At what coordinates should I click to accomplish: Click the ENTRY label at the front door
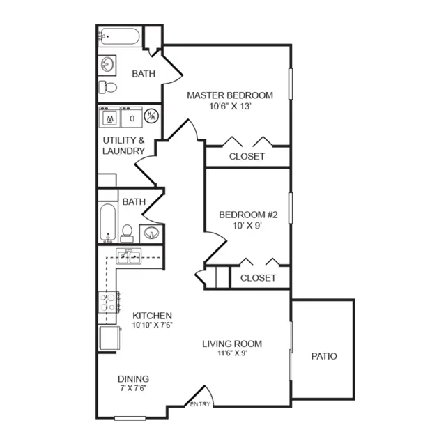(200, 404)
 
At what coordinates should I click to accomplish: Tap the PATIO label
(324, 356)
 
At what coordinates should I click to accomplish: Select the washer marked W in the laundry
(110, 117)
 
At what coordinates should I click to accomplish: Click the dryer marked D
(132, 117)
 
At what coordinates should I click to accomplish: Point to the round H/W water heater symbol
(151, 116)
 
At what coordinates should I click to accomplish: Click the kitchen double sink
(128, 256)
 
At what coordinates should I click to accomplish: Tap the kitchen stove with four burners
(109, 302)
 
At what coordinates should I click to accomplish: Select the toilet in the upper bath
(107, 87)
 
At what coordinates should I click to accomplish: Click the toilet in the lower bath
(127, 233)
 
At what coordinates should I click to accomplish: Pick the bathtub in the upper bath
(119, 36)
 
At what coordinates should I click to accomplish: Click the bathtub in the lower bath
(108, 223)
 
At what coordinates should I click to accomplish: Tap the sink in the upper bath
(107, 65)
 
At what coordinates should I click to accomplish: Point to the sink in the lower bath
(151, 233)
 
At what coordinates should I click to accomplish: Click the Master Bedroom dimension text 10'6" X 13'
(230, 106)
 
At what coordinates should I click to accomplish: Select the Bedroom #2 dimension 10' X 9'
(247, 226)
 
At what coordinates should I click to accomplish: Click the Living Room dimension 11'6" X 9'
(232, 353)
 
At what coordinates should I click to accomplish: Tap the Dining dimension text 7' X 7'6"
(133, 388)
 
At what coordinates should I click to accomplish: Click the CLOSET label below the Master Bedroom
(247, 156)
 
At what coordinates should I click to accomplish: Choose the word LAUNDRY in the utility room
(124, 151)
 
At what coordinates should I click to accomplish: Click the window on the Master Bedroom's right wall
(291, 84)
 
